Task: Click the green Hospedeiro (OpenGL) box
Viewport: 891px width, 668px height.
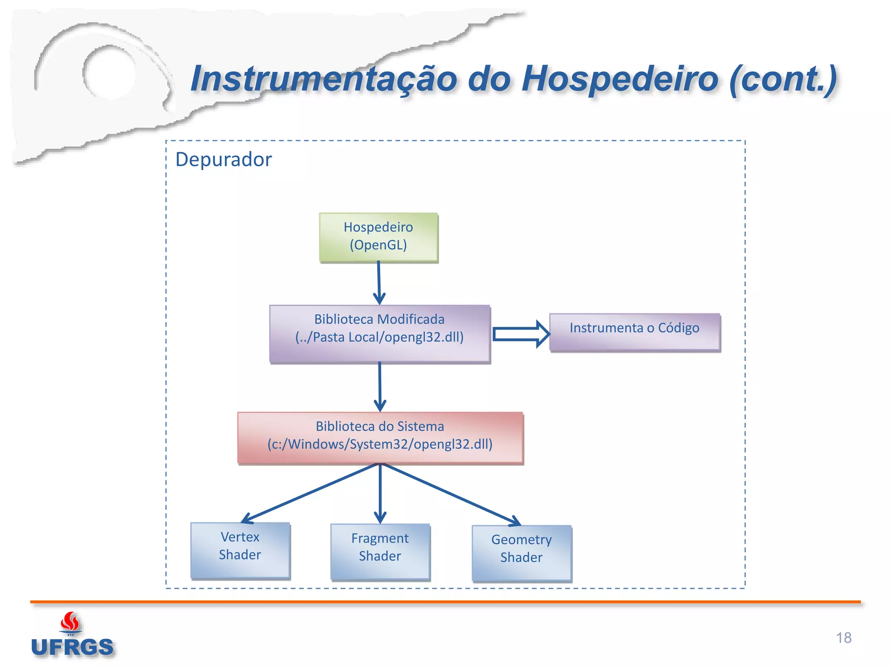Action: (x=379, y=237)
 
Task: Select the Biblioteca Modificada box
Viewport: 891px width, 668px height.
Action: (x=379, y=334)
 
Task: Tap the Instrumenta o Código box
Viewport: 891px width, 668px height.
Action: (x=634, y=332)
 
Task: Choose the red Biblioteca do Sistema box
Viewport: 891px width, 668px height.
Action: (x=380, y=438)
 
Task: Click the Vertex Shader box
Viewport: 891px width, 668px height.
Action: (x=240, y=550)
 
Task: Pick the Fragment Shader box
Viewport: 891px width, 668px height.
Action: (x=380, y=551)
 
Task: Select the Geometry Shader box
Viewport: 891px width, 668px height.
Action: (x=522, y=553)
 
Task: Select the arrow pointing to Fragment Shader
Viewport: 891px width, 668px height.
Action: (x=380, y=494)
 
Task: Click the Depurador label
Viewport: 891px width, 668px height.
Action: (x=224, y=160)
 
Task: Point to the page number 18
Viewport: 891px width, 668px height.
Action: (x=844, y=638)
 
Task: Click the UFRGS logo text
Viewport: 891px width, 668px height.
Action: (x=72, y=647)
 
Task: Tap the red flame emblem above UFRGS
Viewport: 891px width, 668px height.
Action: (x=70, y=622)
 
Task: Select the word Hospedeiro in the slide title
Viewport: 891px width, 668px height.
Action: (x=620, y=79)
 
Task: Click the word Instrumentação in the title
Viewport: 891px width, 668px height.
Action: (x=324, y=79)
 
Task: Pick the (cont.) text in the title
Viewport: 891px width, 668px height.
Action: (x=783, y=79)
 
